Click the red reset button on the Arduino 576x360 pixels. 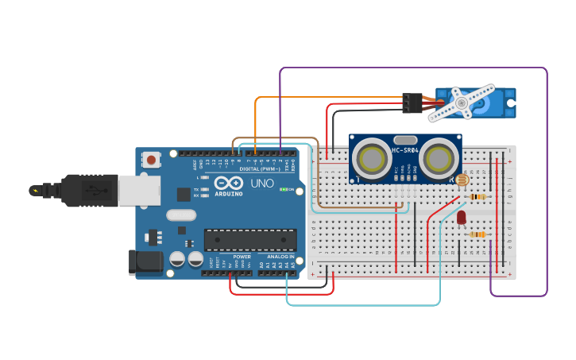point(151,160)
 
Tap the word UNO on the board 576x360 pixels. point(262,184)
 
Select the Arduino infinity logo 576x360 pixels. point(229,184)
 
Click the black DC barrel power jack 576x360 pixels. point(145,263)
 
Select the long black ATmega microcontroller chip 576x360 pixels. point(250,240)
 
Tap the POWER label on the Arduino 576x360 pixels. point(242,257)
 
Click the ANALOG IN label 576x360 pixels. point(280,257)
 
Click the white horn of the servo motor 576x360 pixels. point(460,103)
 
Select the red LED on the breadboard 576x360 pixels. point(461,217)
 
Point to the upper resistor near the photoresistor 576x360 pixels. point(477,197)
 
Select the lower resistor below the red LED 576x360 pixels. point(477,234)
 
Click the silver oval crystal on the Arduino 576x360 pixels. point(181,215)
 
